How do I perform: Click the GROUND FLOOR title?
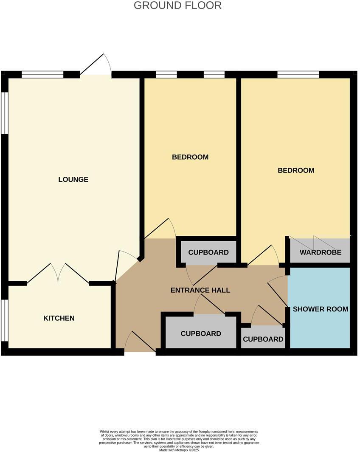177,6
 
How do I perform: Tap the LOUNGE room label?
73,180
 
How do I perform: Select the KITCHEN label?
59,318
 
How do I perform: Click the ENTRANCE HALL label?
200,291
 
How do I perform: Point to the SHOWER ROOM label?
321,309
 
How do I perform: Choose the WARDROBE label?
321,253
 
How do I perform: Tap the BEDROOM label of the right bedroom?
296,171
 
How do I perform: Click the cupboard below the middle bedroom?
208,253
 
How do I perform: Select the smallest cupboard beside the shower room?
263,339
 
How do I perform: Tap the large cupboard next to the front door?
201,334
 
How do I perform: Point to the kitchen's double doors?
58,274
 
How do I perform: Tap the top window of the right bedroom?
298,75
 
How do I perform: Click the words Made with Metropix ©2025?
179,450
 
